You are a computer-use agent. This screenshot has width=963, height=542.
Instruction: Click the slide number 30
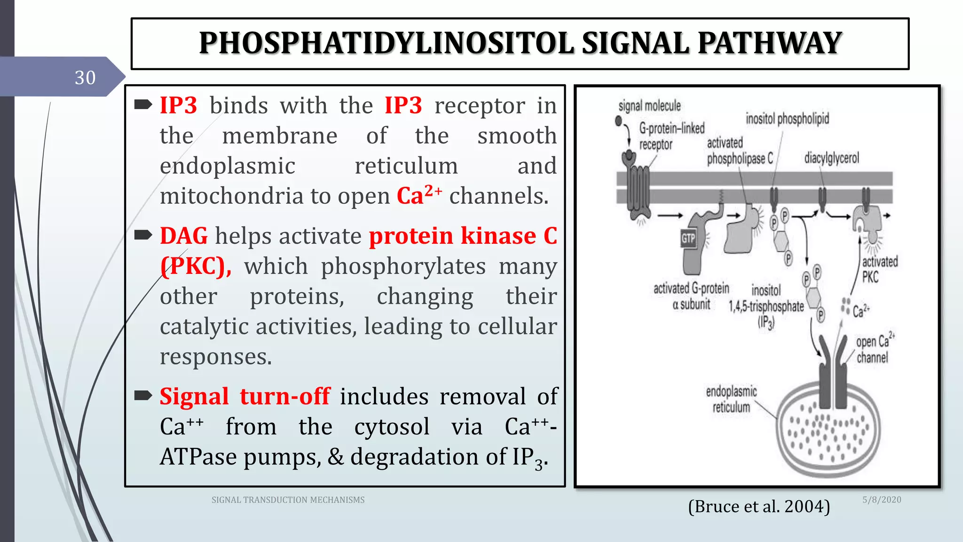[85, 78]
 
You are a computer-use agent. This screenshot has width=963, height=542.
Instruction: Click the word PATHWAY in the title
[769, 43]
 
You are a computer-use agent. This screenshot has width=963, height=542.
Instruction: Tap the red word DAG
[183, 236]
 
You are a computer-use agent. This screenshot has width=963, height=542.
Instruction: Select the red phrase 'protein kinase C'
[463, 236]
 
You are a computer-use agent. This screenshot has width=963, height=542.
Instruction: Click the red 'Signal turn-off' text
[245, 397]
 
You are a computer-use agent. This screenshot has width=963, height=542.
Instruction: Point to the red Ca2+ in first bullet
[418, 195]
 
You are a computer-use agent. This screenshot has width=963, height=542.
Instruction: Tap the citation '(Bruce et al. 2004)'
[758, 507]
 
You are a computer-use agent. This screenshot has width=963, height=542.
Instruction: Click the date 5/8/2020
[882, 500]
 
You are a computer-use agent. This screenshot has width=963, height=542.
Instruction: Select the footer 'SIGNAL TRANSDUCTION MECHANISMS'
[288, 500]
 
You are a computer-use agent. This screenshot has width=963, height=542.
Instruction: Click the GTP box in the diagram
[688, 239]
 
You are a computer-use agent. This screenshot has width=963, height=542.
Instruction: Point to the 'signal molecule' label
[649, 106]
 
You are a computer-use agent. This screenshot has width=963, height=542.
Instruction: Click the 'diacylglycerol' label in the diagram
[831, 158]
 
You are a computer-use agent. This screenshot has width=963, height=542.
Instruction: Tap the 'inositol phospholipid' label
[787, 119]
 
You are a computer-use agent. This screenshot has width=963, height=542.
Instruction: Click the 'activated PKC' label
[879, 269]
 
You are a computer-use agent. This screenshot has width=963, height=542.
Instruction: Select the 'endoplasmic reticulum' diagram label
[731, 399]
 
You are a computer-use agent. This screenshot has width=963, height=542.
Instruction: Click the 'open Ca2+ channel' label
[874, 350]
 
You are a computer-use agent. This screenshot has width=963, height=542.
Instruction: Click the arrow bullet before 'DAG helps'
[143, 235]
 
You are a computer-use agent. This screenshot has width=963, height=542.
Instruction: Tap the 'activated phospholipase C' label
[739, 151]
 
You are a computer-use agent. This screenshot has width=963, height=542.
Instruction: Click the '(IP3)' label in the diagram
[766, 323]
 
